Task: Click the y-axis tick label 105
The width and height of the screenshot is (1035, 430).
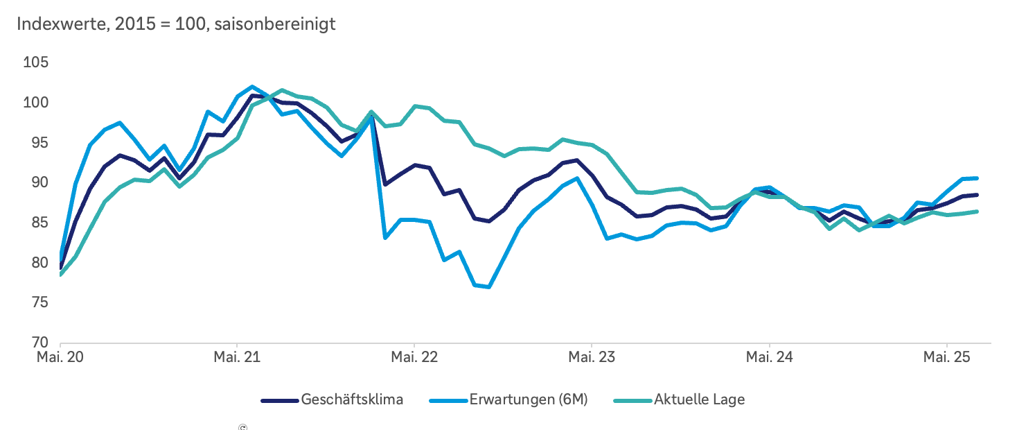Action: click(x=37, y=63)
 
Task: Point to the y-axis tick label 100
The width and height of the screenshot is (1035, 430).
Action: click(x=37, y=103)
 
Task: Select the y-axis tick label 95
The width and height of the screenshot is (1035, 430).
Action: click(x=39, y=143)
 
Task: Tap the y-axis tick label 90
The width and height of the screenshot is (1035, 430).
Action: click(x=39, y=183)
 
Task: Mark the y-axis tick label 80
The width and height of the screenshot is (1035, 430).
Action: click(x=39, y=263)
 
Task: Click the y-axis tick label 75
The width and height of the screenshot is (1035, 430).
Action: click(x=39, y=303)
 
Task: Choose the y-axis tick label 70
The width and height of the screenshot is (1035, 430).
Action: click(x=39, y=343)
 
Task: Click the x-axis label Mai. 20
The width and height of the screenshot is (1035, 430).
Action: click(x=60, y=358)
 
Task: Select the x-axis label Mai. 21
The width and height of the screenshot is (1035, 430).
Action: click(x=237, y=358)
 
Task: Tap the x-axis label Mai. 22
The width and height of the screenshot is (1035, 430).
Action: click(x=414, y=358)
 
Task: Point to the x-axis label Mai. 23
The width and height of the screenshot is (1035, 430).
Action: click(x=592, y=358)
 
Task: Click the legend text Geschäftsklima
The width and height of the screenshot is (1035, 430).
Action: click(x=352, y=400)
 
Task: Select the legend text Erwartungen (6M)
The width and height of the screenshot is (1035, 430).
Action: click(x=529, y=400)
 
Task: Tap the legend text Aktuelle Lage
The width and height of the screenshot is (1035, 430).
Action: click(x=699, y=400)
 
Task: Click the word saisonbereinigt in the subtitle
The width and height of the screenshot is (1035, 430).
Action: click(x=276, y=24)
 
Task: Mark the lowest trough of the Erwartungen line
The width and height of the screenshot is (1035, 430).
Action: click(x=489, y=287)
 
